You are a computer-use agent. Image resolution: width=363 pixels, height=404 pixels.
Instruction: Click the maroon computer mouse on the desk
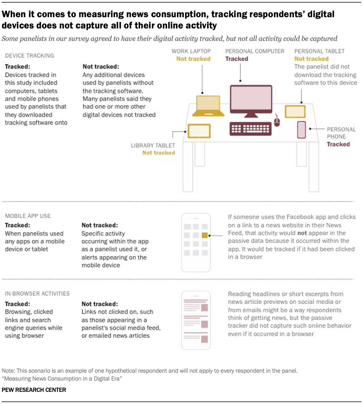point(277,122)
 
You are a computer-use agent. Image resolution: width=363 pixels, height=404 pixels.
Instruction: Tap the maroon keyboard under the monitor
point(251,129)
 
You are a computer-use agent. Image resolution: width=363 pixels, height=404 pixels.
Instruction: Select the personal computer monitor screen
point(251,99)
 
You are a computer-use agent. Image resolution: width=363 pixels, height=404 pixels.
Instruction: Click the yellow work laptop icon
point(208,106)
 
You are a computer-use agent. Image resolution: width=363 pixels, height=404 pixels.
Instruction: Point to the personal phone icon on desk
point(302,130)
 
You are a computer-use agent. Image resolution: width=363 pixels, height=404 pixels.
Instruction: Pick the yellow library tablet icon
point(199,131)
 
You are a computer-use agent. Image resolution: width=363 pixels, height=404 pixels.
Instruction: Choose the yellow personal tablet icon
point(295,111)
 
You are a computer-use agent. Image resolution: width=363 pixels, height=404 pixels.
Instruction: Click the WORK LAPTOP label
point(191,51)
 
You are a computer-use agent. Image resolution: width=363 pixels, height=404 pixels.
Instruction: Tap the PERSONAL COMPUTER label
point(255,51)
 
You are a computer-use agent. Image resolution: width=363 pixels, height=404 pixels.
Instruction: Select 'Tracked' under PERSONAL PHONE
point(338,144)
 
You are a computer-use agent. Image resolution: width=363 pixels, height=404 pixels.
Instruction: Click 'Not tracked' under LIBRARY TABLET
point(159,153)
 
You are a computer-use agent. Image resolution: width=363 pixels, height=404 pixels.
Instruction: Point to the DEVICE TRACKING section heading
point(30,56)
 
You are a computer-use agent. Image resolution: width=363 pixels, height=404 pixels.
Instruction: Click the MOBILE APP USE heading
point(28,216)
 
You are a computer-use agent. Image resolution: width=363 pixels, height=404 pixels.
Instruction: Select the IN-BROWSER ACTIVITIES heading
point(37,294)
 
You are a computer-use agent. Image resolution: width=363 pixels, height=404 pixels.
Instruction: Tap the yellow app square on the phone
point(205,235)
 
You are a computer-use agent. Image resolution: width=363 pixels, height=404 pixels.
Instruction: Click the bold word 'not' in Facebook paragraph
point(302,233)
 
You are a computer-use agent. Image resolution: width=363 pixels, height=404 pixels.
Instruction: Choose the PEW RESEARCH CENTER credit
point(34,390)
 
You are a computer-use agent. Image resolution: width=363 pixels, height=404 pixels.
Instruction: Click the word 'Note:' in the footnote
point(8,371)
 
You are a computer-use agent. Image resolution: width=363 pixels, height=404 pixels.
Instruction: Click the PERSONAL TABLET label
point(320,51)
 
